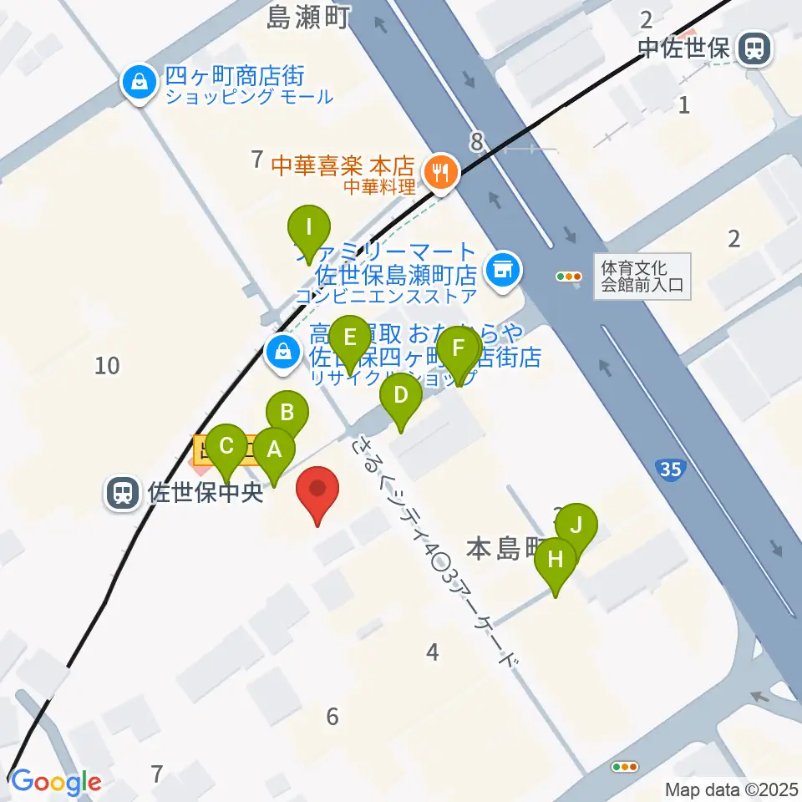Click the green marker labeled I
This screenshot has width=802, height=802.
point(309,227)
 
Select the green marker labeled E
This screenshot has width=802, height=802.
point(350,338)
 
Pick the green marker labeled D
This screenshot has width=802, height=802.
point(401,395)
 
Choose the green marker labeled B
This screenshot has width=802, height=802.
point(287,412)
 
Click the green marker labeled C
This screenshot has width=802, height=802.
point(226,445)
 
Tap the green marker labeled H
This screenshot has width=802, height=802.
point(556,559)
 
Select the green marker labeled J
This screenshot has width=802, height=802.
point(576,525)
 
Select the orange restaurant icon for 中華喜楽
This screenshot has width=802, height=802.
point(439,173)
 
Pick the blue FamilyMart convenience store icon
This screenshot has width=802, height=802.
point(502,269)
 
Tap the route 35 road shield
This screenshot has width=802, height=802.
point(671,469)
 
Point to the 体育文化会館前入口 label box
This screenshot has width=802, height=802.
point(642,277)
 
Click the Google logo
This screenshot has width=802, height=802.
point(55,782)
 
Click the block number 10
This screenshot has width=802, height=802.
point(108,365)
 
